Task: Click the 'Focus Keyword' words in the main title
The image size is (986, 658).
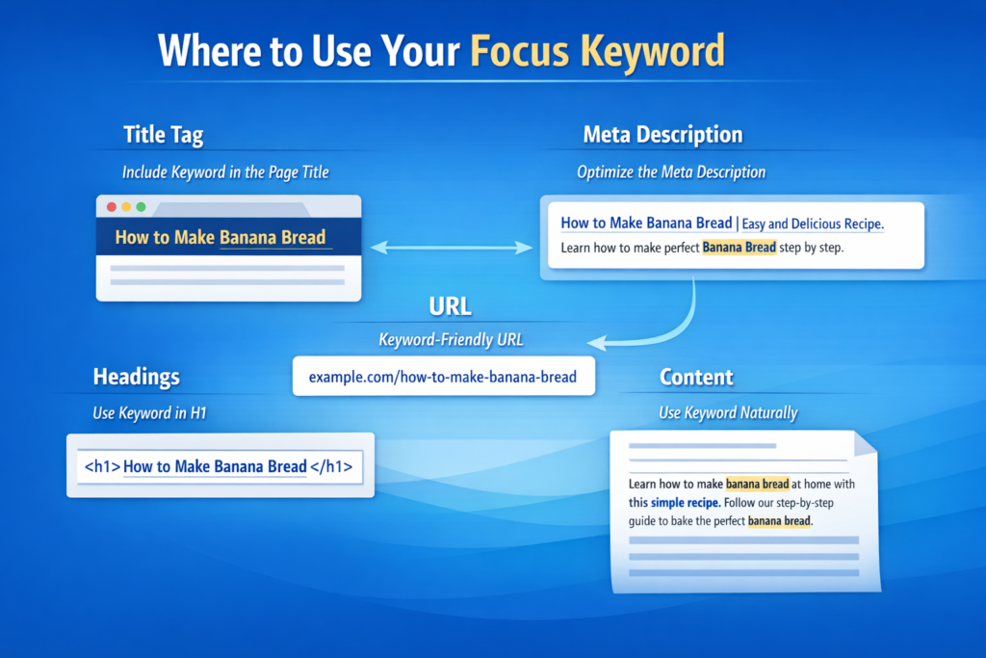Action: (x=596, y=51)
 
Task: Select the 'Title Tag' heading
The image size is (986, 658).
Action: (x=163, y=135)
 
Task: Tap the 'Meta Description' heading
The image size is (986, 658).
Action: (x=662, y=134)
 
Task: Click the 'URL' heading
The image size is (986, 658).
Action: (x=450, y=306)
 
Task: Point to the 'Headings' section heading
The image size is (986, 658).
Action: (x=136, y=376)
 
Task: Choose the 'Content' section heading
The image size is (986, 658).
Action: (x=696, y=377)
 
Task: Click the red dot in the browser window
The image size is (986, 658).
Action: (x=112, y=207)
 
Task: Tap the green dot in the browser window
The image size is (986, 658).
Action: (x=141, y=207)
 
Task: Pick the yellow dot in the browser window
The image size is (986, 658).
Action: (x=126, y=207)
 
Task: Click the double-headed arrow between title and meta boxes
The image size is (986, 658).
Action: (x=451, y=248)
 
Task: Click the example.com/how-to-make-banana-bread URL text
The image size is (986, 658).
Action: (x=443, y=377)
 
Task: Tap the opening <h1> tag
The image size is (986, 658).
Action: (x=102, y=466)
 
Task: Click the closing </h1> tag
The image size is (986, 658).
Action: (x=331, y=466)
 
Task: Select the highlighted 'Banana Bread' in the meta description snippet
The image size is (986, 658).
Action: (x=739, y=248)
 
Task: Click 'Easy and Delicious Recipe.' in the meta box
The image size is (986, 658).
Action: (x=813, y=224)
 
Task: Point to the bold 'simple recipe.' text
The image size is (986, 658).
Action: (x=686, y=502)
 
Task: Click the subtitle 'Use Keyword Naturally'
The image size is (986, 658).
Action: (x=728, y=412)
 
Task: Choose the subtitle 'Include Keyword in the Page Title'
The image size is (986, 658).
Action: (x=224, y=172)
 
